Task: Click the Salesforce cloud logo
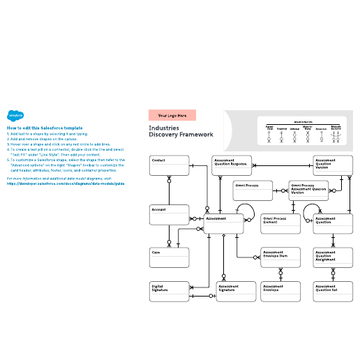[15, 117]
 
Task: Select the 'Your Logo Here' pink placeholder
[172, 115]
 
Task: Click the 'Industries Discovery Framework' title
[181, 131]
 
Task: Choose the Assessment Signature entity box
[237, 291]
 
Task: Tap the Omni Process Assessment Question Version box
[308, 190]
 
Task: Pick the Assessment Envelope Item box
[280, 257]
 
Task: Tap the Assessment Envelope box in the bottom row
[280, 291]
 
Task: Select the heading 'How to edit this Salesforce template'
[45, 128]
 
